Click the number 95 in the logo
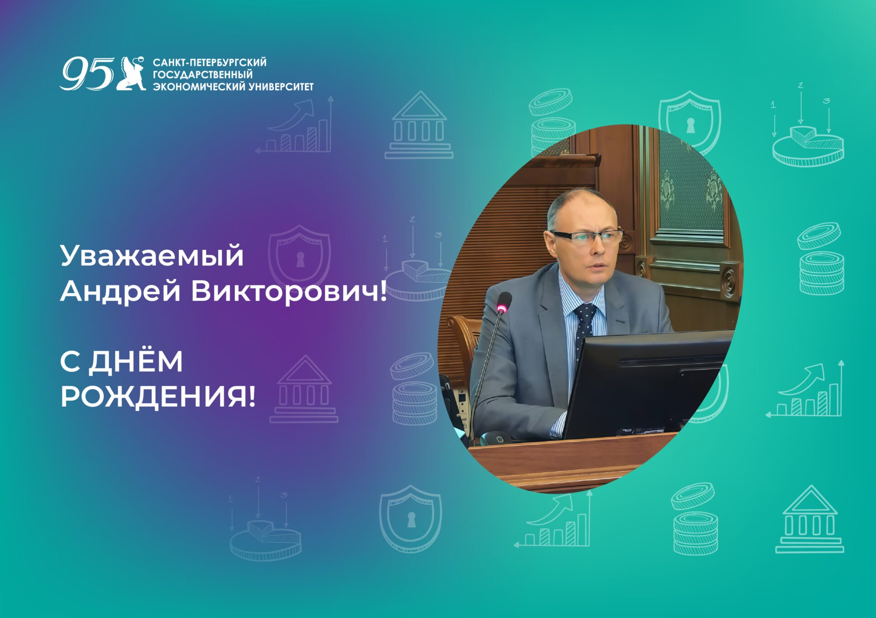(x=87, y=73)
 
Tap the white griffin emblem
(x=131, y=73)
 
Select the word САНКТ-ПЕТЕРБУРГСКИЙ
(x=209, y=62)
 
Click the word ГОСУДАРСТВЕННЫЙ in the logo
(x=203, y=74)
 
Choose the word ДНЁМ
(x=136, y=361)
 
